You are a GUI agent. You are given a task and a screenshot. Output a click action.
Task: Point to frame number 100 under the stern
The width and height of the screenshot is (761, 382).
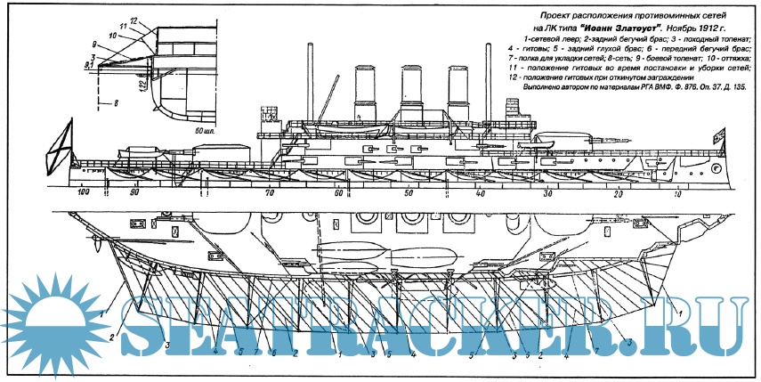coord(85,193)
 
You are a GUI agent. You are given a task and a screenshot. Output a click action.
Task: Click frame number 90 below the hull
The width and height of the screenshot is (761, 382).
coord(134,193)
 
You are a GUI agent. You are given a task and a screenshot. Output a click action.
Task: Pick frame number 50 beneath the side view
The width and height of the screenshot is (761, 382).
coord(409,193)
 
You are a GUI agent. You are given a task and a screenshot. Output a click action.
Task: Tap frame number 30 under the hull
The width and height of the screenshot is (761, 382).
coord(548,193)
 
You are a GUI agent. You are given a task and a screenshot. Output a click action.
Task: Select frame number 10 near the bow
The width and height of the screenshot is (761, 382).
coord(678,193)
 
